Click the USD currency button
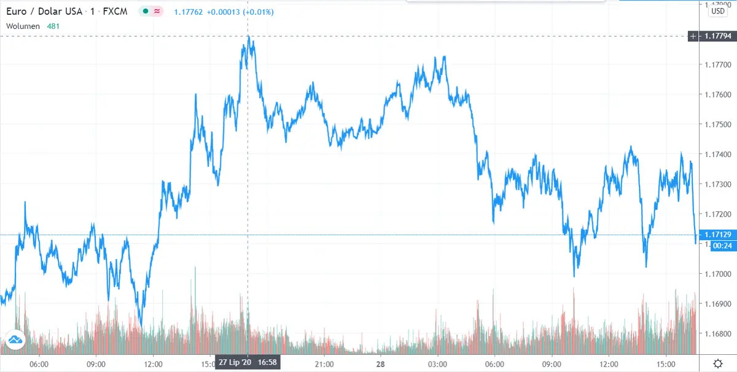point(717,10)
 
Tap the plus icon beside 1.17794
point(693,37)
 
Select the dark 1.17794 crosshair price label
point(717,37)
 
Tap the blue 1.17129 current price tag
point(717,235)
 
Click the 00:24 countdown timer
point(717,246)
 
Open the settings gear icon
point(717,363)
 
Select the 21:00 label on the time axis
point(324,363)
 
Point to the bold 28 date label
point(381,363)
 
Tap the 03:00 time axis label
point(437,363)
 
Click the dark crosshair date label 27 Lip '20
point(235,363)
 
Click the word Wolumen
point(23,26)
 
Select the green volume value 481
point(54,26)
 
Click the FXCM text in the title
point(116,11)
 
